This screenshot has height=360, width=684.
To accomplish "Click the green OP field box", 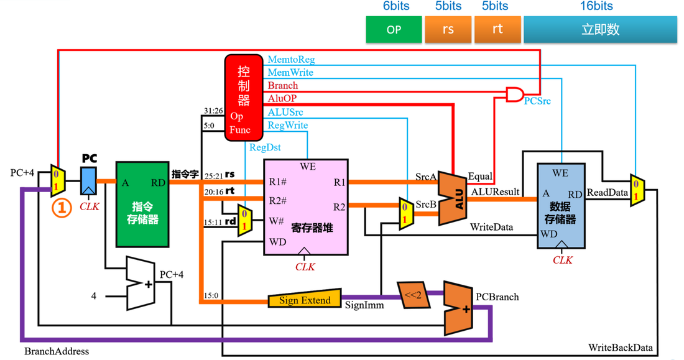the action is (x=394, y=29).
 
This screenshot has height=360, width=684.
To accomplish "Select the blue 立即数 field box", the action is (x=600, y=29).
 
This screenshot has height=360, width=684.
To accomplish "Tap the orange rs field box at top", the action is (x=448, y=29).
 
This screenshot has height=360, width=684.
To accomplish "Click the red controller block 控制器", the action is (x=244, y=98).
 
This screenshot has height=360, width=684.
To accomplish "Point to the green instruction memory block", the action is (x=142, y=204).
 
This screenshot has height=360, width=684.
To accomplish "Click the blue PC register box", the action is (x=88, y=181).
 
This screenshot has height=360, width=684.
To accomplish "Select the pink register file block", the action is (x=306, y=207).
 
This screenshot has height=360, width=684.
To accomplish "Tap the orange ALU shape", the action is (x=452, y=198).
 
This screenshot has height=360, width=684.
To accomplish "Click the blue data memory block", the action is (x=561, y=206).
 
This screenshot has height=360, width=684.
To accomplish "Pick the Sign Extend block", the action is (x=305, y=299).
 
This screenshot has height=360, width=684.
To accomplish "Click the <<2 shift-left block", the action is (x=414, y=295).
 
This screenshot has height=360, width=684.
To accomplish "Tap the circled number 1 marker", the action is (x=62, y=208).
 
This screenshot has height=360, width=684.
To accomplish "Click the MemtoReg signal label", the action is (x=291, y=59).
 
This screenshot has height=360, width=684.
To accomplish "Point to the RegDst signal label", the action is (x=265, y=147).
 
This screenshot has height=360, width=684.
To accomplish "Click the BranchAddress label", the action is (x=56, y=351).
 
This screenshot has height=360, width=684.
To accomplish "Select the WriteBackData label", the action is (x=621, y=348).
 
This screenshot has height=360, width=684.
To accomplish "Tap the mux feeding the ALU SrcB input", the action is (x=407, y=213).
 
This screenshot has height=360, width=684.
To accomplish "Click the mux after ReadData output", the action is (x=637, y=190).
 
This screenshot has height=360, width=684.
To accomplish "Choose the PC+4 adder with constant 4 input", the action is (x=141, y=284).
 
